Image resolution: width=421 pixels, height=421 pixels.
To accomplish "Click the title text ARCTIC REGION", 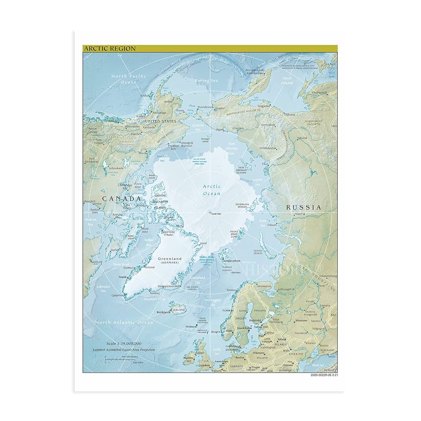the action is [x=109, y=48].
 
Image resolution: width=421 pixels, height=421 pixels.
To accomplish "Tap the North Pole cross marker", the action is [x=210, y=213].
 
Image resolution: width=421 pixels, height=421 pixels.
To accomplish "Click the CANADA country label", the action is [x=119, y=198].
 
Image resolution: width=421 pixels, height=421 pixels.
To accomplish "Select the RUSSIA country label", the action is [x=304, y=207].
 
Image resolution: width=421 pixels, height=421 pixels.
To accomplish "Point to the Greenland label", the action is [x=170, y=258].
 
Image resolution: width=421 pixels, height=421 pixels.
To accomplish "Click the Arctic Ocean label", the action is [x=211, y=190].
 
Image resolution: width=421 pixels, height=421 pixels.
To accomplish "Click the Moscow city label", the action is [x=301, y=320].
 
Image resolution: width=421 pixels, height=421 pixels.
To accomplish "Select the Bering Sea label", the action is [x=206, y=80].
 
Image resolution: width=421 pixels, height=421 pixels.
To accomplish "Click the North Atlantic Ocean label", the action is [x=124, y=322].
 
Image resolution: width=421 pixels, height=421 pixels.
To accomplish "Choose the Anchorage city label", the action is [x=159, y=112].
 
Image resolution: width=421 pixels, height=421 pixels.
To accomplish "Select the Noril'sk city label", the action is [x=300, y=214].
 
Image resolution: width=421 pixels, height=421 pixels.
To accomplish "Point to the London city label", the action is [x=205, y=365].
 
